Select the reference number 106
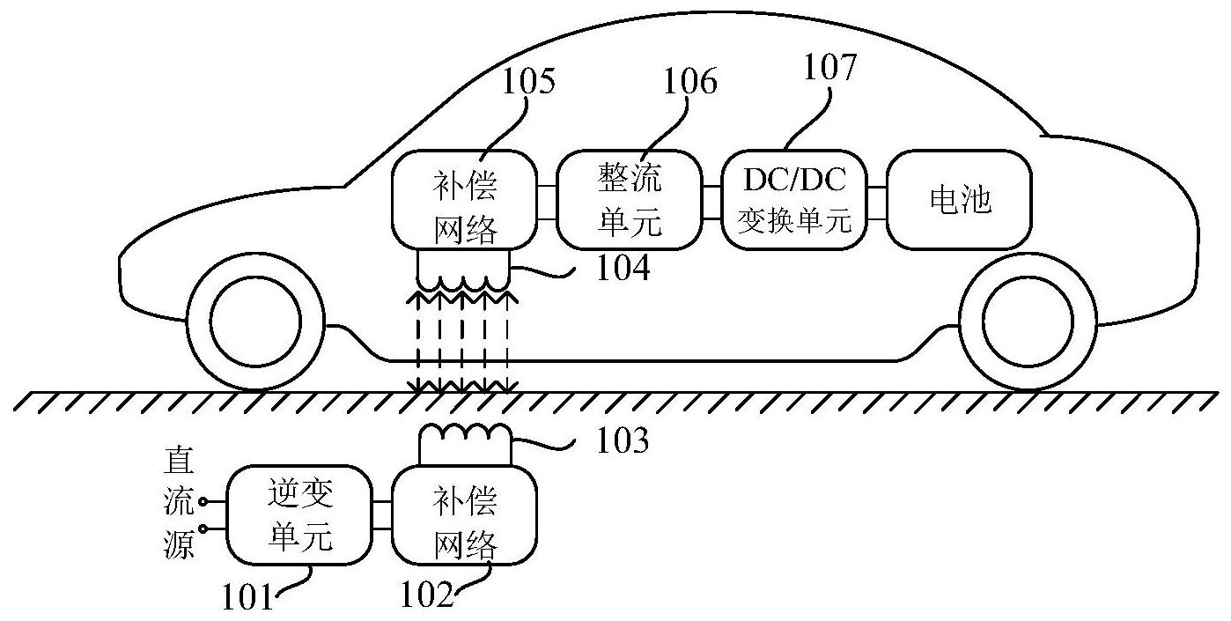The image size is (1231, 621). click(x=690, y=82)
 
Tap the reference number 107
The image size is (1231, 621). click(x=829, y=67)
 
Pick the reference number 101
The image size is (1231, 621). click(x=248, y=598)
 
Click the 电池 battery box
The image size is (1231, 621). click(x=959, y=200)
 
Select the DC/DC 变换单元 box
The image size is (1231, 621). click(x=794, y=200)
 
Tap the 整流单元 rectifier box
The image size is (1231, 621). click(x=630, y=200)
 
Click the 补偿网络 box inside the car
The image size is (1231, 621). click(x=465, y=200)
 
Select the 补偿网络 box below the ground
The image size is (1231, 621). click(x=465, y=514)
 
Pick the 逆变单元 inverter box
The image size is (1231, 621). click(x=299, y=514)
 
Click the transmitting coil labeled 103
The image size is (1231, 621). click(x=465, y=432)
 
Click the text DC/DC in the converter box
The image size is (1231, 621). click(x=794, y=181)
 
